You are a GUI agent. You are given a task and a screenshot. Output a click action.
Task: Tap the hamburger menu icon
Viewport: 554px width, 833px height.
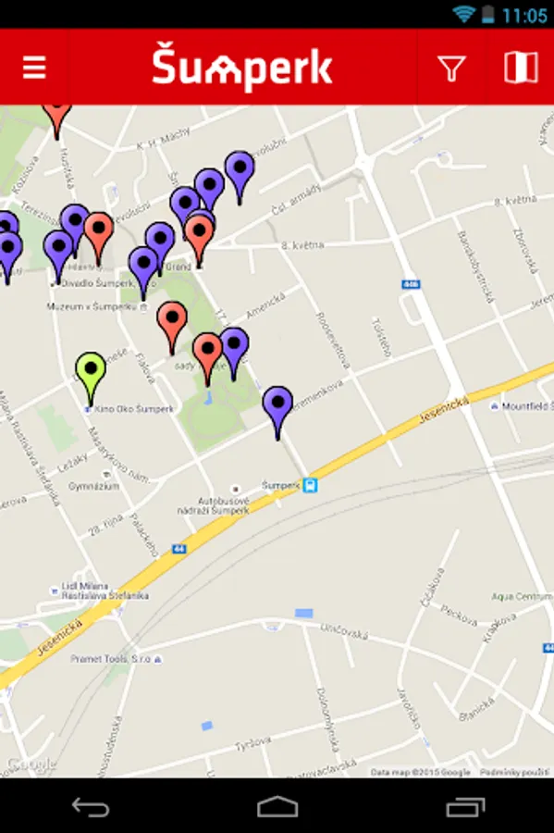click(34, 68)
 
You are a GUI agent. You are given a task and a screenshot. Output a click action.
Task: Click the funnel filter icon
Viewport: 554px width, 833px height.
click(451, 68)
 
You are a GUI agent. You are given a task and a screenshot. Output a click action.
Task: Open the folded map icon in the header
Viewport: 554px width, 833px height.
click(521, 68)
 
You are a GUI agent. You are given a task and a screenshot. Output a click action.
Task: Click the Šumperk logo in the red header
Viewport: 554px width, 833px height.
click(242, 68)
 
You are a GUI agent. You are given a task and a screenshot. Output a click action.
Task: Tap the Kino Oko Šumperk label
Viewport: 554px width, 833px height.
click(132, 408)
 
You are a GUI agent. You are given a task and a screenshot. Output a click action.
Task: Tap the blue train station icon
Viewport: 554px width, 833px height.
click(310, 484)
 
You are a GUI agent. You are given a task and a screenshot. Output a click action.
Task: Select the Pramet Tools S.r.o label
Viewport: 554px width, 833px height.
click(111, 658)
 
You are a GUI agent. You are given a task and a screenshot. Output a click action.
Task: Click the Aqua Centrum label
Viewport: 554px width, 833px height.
click(523, 596)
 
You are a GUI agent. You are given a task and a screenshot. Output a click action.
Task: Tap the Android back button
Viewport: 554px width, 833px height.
click(91, 807)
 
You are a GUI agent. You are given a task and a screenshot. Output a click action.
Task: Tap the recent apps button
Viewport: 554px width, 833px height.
click(464, 807)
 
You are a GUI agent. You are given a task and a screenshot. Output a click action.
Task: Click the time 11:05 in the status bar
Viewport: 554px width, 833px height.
click(524, 15)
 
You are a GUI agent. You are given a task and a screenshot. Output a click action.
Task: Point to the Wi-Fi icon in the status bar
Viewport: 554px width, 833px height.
click(463, 14)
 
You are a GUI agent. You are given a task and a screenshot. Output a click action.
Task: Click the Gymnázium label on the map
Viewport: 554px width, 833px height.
click(93, 485)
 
